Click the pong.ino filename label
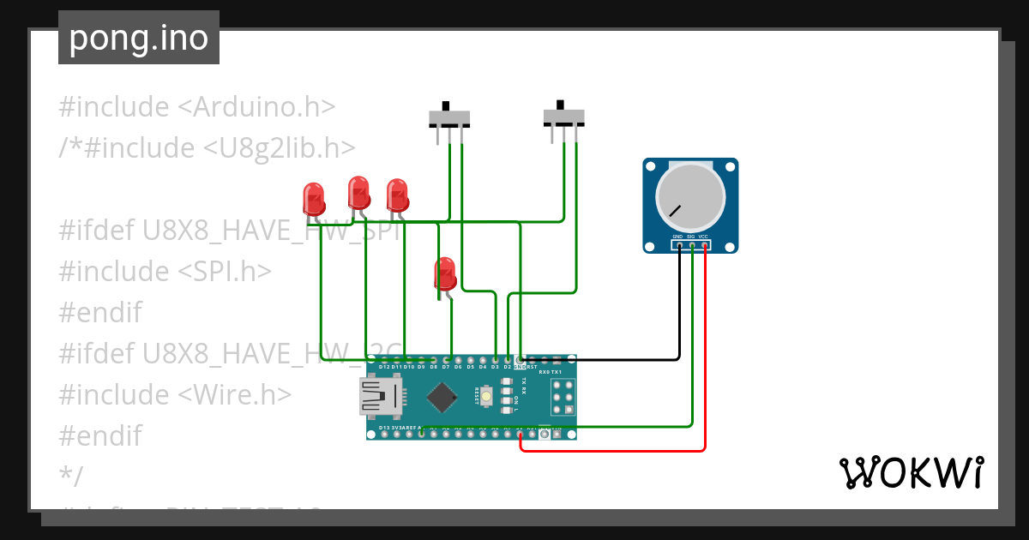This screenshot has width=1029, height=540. tap(138, 39)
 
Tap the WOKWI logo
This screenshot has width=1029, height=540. tap(910, 472)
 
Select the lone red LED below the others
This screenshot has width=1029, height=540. tap(445, 274)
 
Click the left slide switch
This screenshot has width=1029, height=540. tap(449, 117)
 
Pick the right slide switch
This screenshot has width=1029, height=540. tap(564, 115)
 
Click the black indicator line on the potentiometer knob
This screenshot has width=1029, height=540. tap(676, 210)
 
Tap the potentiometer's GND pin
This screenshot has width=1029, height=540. tap(678, 245)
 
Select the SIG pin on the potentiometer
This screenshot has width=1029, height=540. tap(691, 245)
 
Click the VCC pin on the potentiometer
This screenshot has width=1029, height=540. tap(704, 245)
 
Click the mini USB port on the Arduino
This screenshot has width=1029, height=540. tap(381, 397)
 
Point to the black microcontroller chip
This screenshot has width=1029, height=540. tap(442, 397)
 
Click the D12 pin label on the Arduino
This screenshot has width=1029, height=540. tap(383, 367)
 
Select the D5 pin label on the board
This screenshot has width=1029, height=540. tap(470, 367)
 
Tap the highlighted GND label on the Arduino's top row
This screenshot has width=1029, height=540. tap(519, 367)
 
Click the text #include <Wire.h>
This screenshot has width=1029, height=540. tap(175, 395)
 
